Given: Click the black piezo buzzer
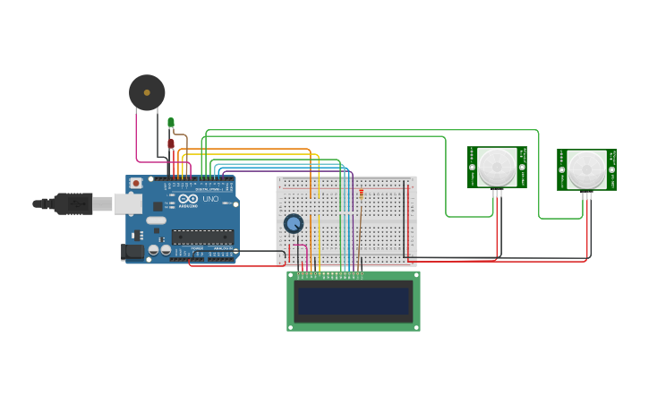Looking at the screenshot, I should (x=147, y=92).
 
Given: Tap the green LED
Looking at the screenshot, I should (x=171, y=123).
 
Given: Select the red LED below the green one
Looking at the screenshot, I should (x=171, y=143).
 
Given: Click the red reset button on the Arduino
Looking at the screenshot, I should (x=136, y=184).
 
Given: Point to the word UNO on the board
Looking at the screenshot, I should (x=210, y=199).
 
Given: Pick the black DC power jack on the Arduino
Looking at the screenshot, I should (x=133, y=252).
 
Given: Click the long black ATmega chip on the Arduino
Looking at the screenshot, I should (x=202, y=237).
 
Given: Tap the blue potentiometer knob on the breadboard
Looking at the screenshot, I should (x=294, y=223).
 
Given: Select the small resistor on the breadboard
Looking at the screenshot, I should (x=362, y=193).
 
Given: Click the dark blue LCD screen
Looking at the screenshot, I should (x=354, y=301).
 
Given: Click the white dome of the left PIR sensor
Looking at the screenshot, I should (x=496, y=167).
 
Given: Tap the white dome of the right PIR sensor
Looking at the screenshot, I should (x=586, y=168).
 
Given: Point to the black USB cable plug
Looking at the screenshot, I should (x=73, y=204).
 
